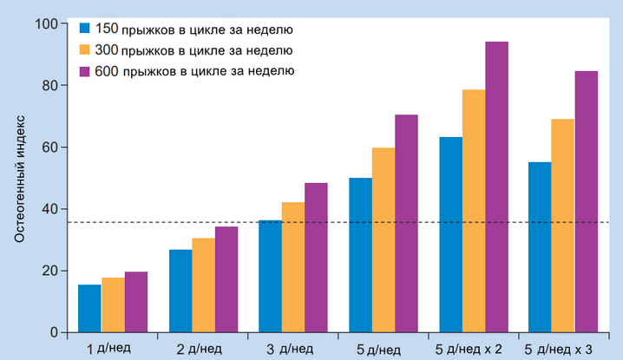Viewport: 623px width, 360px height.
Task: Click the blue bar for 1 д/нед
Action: click(89, 308)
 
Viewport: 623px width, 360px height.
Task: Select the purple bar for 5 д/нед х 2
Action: click(496, 187)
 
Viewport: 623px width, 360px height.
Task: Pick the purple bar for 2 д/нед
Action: click(226, 279)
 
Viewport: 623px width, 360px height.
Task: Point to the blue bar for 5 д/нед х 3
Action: click(540, 247)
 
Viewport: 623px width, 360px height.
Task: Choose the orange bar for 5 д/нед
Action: click(384, 239)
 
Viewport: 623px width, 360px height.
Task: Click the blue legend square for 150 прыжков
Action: click(84, 28)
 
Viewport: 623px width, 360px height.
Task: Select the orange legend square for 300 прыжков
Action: click(84, 49)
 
